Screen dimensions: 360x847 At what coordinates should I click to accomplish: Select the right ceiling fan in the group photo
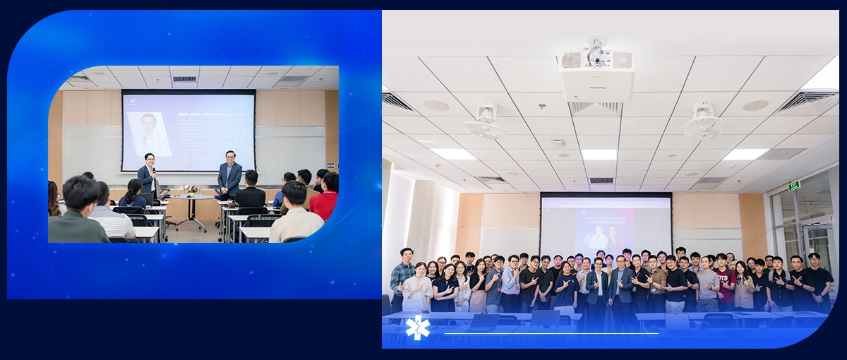[x=703, y=124]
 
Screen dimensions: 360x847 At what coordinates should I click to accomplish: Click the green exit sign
[x=794, y=185]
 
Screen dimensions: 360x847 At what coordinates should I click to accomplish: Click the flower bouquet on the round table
[x=191, y=190]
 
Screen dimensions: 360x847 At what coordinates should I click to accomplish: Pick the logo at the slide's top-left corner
[x=128, y=99]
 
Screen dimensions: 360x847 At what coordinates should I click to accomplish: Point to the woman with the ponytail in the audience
[x=133, y=194]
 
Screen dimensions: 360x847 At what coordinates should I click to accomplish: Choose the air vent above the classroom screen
[x=184, y=78]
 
